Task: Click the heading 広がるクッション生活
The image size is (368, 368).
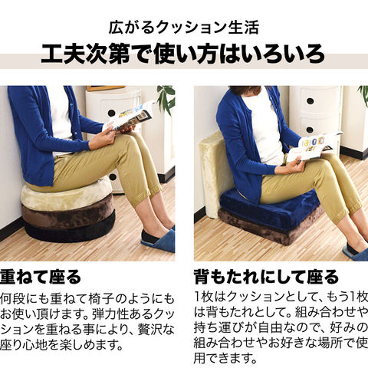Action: click(184, 28)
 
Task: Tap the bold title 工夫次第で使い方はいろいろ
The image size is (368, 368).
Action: click(183, 54)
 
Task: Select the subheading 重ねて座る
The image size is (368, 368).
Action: click(41, 277)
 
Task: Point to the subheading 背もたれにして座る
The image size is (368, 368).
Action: click(266, 277)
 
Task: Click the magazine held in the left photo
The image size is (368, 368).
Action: click(129, 117)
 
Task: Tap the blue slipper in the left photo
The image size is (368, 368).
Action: click(158, 238)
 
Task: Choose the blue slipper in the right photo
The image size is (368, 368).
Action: click(356, 251)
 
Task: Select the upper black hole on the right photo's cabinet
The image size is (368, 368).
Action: click(310, 101)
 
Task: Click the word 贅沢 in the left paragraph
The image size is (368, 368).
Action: click(150, 330)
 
